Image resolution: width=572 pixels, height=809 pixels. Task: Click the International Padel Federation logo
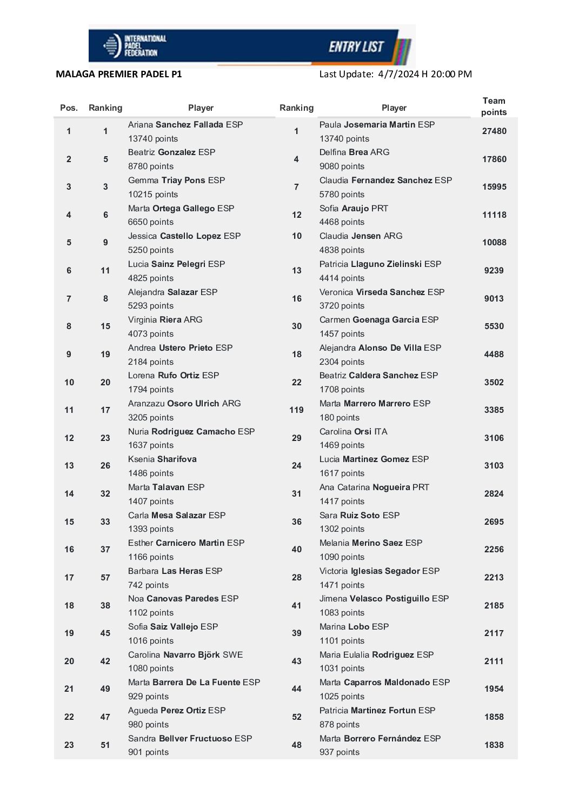tap(135, 46)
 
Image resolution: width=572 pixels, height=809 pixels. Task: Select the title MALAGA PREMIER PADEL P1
tap(119, 74)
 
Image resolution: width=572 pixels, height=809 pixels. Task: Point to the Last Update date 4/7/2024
tap(398, 74)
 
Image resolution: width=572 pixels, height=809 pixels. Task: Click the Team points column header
tap(494, 106)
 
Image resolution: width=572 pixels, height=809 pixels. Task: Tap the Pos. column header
tap(69, 108)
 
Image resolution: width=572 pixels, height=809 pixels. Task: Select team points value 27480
tap(494, 131)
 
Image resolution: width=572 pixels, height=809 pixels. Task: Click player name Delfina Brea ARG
tap(354, 152)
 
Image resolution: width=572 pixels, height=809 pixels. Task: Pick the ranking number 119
tap(296, 410)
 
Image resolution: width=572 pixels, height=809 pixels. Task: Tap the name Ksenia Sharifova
tap(162, 459)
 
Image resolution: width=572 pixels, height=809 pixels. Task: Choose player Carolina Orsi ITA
tap(353, 431)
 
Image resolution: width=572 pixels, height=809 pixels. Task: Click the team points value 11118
tap(494, 215)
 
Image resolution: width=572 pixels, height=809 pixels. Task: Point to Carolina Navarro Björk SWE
tap(185, 654)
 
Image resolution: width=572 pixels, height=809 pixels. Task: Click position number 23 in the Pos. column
tap(69, 745)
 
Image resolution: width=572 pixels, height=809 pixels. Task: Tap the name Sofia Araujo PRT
tap(354, 208)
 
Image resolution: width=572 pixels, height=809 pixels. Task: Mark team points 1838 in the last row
tap(494, 745)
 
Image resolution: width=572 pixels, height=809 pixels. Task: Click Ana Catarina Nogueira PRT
tap(374, 487)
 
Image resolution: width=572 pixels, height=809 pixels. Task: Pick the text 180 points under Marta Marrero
tap(340, 417)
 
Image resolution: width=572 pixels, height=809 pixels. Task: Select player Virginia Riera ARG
tap(165, 319)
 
